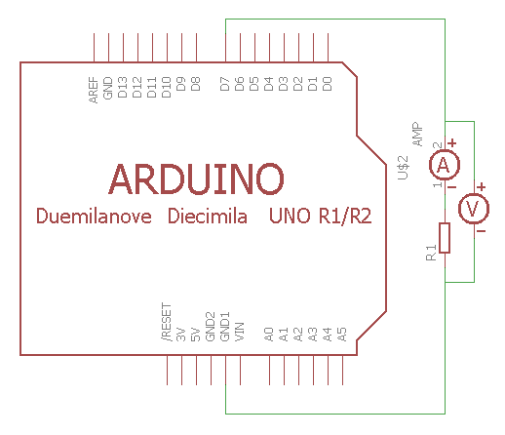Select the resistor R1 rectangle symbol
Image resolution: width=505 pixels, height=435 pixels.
(x=445, y=238)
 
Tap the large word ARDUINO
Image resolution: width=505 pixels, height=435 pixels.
(x=196, y=178)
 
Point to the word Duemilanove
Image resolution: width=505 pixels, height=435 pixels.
(x=94, y=216)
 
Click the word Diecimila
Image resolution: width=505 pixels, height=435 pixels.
(x=208, y=216)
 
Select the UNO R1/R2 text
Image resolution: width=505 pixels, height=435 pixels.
(x=321, y=216)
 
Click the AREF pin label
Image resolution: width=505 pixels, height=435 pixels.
(x=94, y=90)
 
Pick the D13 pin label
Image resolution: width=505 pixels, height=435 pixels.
(x=123, y=87)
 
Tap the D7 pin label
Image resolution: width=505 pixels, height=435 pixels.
(x=225, y=84)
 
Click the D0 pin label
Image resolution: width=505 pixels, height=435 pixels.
(x=328, y=84)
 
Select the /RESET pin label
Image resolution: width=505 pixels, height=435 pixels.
(x=167, y=322)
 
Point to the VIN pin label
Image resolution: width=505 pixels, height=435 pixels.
(x=240, y=332)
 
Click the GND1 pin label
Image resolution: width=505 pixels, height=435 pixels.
(x=225, y=327)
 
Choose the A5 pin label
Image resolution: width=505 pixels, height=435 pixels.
(x=342, y=335)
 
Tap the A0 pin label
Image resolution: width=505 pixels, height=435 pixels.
(x=269, y=335)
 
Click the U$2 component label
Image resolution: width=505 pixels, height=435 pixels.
(x=404, y=168)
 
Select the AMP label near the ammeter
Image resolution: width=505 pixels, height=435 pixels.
(x=418, y=135)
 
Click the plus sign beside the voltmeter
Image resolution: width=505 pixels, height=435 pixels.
(x=482, y=186)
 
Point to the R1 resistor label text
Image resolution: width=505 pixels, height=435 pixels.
(x=431, y=253)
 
